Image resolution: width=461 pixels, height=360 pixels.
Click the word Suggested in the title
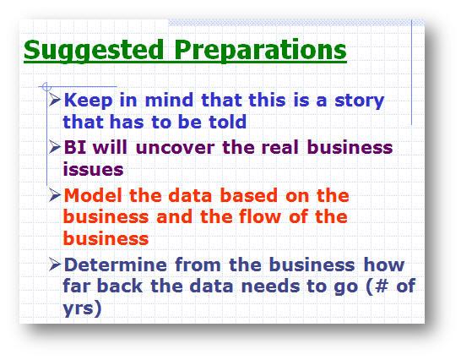pos(94,51)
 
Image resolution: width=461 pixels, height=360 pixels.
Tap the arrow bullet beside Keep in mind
pos(55,99)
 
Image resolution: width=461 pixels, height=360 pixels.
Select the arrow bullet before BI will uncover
pos(55,146)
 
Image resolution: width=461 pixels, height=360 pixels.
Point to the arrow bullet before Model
pos(55,194)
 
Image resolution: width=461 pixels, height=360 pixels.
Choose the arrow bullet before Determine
pos(55,264)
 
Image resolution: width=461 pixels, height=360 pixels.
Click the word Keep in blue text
pos(88,101)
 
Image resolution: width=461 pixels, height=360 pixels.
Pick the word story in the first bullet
pos(360,101)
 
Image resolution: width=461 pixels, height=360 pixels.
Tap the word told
pos(228,122)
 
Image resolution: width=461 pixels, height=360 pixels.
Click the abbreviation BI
pos(75,147)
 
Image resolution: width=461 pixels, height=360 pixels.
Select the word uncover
pos(176,147)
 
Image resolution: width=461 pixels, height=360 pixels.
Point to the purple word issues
pos(93,169)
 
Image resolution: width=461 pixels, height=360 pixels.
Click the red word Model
pos(93,195)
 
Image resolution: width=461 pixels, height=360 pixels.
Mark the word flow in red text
pos(260,216)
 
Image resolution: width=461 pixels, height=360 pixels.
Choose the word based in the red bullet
pos(249,195)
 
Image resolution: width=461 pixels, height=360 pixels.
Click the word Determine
pos(115,265)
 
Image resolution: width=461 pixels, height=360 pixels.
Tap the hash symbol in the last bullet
pos(382,286)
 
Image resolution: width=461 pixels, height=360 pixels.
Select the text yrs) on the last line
pos(83,308)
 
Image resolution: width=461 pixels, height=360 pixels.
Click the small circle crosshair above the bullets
pos(46,87)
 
